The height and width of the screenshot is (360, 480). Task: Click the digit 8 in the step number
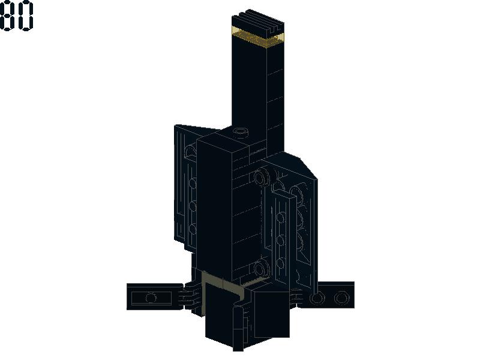[x=7, y=16]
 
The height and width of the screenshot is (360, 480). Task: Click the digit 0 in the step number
[x=25, y=16]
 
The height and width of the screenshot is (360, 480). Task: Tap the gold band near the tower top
[x=257, y=37]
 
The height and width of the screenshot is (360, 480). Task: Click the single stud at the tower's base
[x=241, y=131]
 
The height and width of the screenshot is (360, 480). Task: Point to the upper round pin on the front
[x=262, y=176]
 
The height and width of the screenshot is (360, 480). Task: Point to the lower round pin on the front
[x=262, y=268]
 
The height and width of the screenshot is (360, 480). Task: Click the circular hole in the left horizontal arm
[x=151, y=298]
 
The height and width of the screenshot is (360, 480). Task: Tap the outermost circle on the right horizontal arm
[x=341, y=298]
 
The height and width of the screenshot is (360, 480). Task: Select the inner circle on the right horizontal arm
[x=317, y=298]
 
